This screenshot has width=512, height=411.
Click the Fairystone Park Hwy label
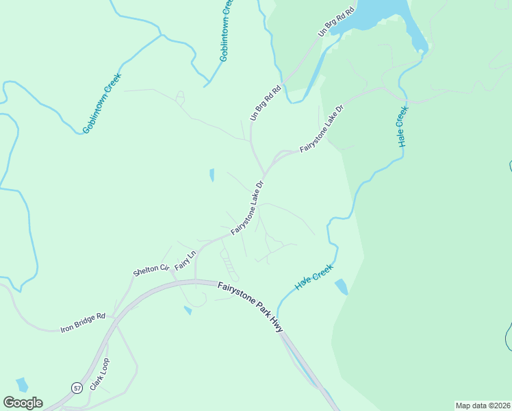(x=251, y=306)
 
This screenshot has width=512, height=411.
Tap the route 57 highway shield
(x=76, y=388)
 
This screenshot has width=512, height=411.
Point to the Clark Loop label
(x=99, y=373)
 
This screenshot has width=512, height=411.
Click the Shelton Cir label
(x=151, y=269)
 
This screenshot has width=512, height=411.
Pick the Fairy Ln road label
(x=185, y=260)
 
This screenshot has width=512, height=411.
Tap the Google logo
(x=23, y=403)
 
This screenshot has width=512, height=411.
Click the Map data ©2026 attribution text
(x=483, y=406)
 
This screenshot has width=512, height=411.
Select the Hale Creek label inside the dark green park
(x=402, y=126)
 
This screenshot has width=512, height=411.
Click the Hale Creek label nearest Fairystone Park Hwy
(x=313, y=275)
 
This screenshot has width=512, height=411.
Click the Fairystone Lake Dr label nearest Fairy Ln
(x=247, y=208)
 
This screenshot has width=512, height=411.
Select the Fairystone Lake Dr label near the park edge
(x=320, y=129)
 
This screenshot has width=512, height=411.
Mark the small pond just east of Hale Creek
(x=341, y=286)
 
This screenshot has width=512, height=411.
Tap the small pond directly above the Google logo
(x=22, y=384)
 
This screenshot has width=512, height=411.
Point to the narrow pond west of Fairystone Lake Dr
(x=212, y=175)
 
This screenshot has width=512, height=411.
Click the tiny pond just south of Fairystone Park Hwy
(x=188, y=310)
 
